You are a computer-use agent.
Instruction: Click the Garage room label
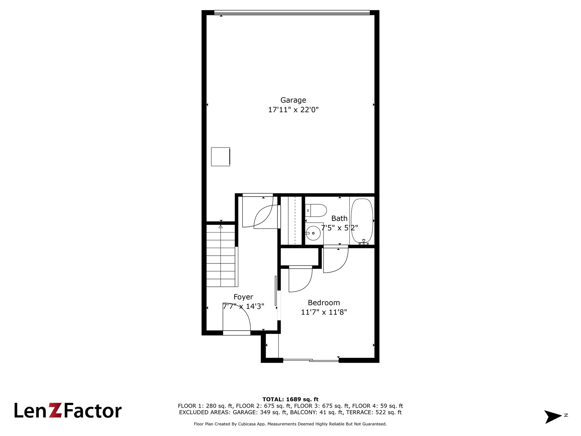pyautogui.click(x=293, y=100)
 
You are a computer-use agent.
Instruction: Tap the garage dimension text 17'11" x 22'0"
pyautogui.click(x=293, y=110)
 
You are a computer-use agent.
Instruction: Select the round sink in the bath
pyautogui.click(x=313, y=233)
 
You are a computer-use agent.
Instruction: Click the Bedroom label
pyautogui.click(x=324, y=303)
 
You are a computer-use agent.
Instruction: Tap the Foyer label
pyautogui.click(x=243, y=297)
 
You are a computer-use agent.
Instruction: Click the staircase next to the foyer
pyautogui.click(x=221, y=256)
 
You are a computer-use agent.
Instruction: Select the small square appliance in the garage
pyautogui.click(x=220, y=157)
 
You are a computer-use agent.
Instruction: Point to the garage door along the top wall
pyautogui.click(x=292, y=12)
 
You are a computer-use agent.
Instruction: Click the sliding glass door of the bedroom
pyautogui.click(x=311, y=360)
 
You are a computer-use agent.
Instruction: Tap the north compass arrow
pyautogui.click(x=553, y=417)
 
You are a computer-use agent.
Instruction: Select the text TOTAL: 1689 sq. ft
pyautogui.click(x=290, y=399)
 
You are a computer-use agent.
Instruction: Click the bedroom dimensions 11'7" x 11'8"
pyautogui.click(x=324, y=312)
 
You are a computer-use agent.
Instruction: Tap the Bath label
pyautogui.click(x=339, y=218)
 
